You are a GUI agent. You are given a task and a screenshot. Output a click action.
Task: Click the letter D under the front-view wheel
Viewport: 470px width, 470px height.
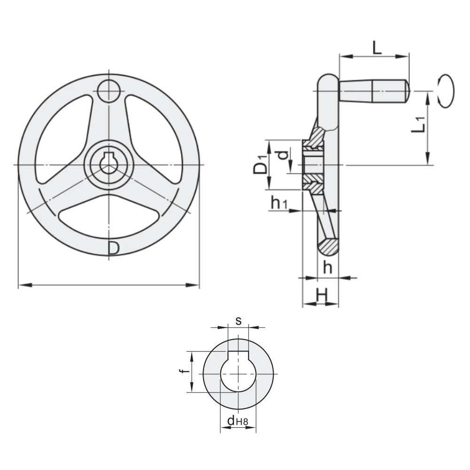114,249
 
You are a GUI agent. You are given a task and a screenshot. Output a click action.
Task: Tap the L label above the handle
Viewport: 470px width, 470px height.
377,47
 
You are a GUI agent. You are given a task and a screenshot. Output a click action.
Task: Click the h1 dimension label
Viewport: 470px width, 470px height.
279,203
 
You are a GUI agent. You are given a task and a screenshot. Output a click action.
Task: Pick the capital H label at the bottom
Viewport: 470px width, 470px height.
322,296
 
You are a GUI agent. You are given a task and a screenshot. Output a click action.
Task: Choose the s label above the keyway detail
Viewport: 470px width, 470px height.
238,321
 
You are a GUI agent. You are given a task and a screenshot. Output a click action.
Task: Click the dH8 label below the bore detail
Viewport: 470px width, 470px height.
238,421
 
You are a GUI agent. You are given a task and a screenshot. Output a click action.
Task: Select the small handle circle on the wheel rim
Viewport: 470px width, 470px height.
109,91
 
